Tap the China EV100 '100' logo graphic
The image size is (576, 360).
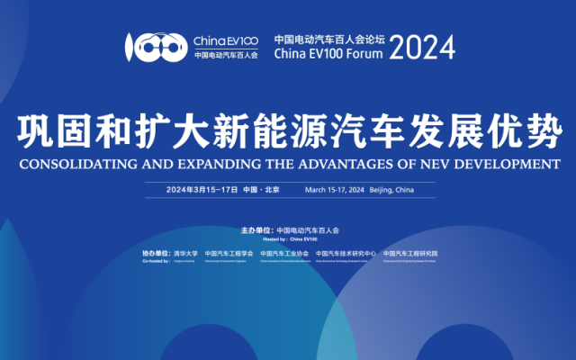(156, 48)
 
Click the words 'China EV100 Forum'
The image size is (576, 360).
(328, 54)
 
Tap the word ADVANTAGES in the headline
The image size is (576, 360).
(348, 165)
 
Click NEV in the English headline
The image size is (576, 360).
(439, 165)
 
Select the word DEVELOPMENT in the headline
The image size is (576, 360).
(510, 165)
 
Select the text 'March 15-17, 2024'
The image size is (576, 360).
(334, 190)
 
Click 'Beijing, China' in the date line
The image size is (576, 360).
(391, 190)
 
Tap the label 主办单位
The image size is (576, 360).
(257, 230)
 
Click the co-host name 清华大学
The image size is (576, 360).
(186, 254)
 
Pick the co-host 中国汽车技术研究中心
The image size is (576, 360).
(346, 254)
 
